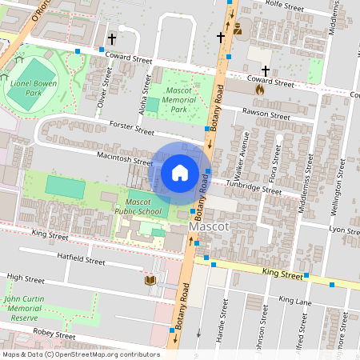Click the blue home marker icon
coord(180,173)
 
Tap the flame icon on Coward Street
coord(259,90)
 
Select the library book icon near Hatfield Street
coord(150,280)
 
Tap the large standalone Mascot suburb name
coord(210,227)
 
